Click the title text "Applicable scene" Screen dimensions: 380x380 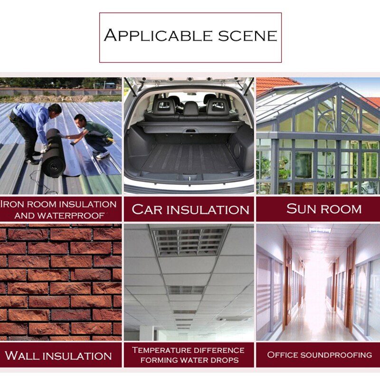[x=190, y=36]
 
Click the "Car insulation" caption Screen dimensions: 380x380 [x=190, y=209]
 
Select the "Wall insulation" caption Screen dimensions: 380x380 [x=58, y=355]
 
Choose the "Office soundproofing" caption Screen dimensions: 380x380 [x=319, y=355]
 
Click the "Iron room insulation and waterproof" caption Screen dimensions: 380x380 [x=58, y=209]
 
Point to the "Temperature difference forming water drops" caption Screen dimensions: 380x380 [x=188, y=355]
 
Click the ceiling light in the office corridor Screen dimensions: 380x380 [x=319, y=230]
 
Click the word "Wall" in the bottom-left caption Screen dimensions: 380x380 [x=21, y=355]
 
